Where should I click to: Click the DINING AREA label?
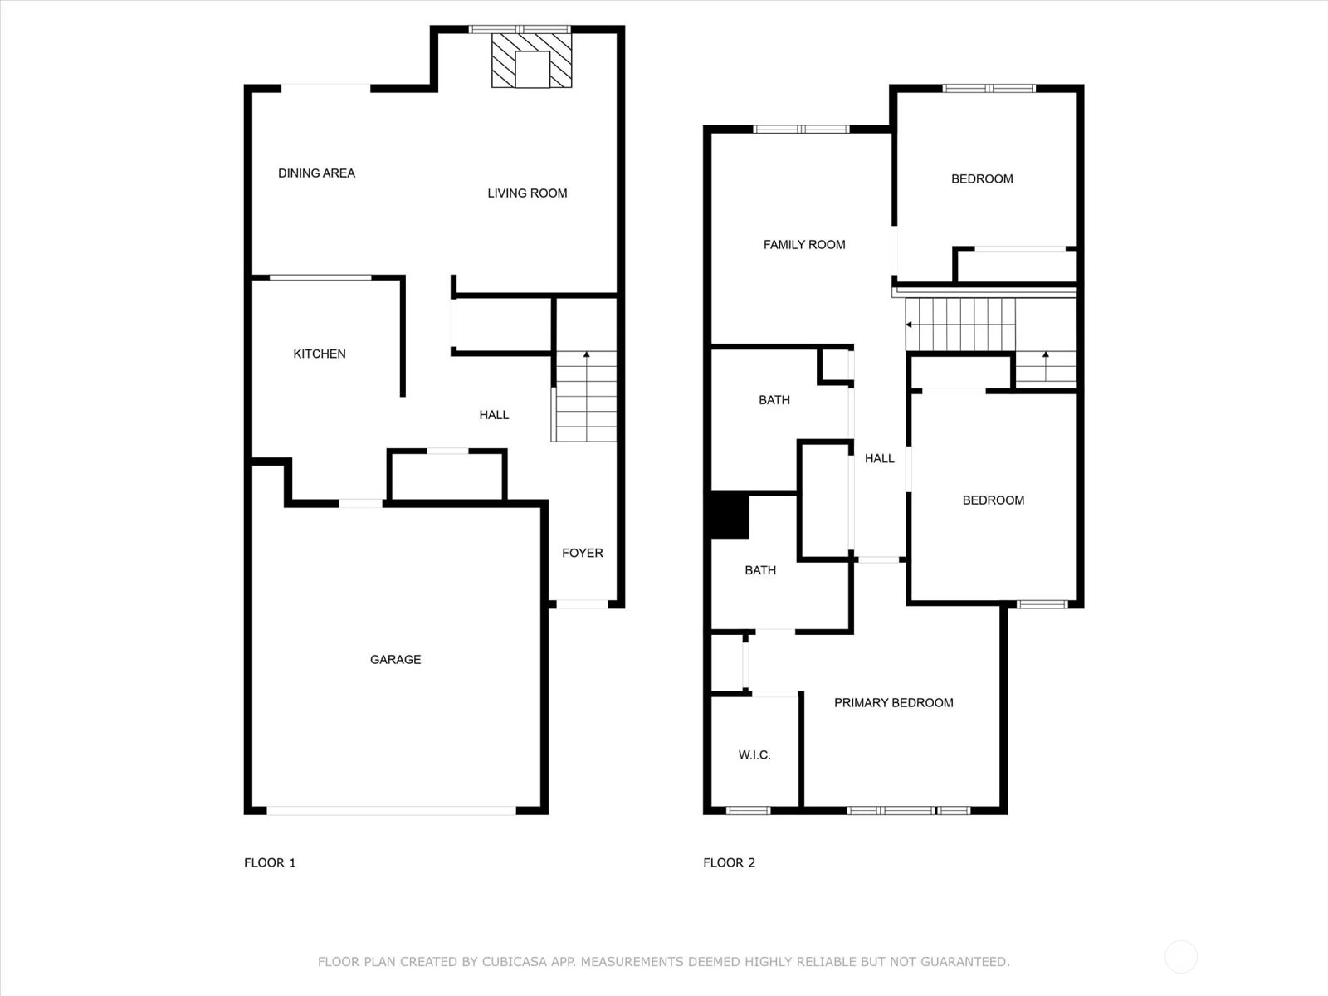coord(316,173)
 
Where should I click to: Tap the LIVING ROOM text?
coord(527,193)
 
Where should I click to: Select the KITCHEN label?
coord(320,354)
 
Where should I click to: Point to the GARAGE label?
coord(395,660)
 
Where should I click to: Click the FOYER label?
coord(582,554)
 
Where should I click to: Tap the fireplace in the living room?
coord(531,61)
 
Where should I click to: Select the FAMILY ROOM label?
coord(804,245)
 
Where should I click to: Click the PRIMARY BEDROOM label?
coord(894,703)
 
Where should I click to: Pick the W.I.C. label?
coord(754,755)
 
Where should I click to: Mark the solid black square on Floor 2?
coord(730,515)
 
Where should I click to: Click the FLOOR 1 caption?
coord(270,863)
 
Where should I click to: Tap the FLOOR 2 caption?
coord(729,863)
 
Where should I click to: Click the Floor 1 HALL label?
coord(494,416)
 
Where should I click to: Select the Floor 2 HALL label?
coord(879,459)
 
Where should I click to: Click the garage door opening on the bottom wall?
coord(392,811)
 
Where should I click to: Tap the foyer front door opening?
coord(582,604)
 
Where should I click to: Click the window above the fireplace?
coord(520,29)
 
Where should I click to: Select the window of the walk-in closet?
coord(748,811)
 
